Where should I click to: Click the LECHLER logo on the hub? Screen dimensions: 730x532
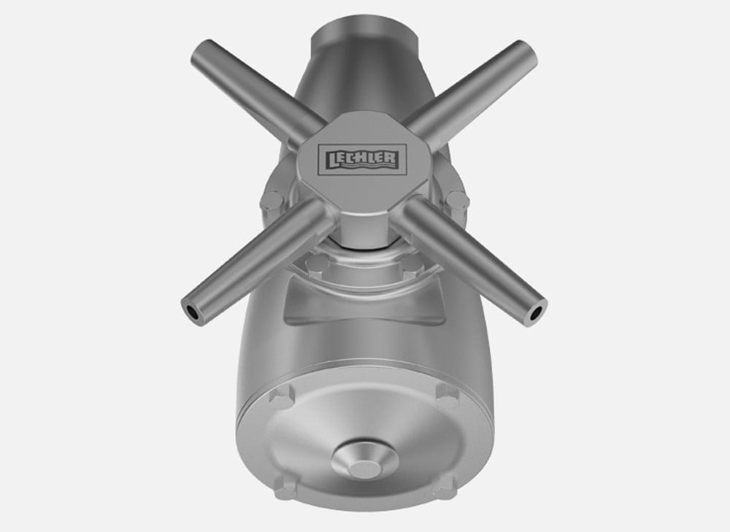tap(362, 160)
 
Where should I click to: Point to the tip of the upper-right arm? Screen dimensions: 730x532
tap(528, 50)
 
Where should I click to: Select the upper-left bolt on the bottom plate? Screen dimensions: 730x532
tap(282, 396)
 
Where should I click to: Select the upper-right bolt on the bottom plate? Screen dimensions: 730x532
tap(447, 395)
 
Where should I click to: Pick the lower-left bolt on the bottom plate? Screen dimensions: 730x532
tap(285, 487)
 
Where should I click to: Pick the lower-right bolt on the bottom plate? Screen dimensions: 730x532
tap(445, 488)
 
